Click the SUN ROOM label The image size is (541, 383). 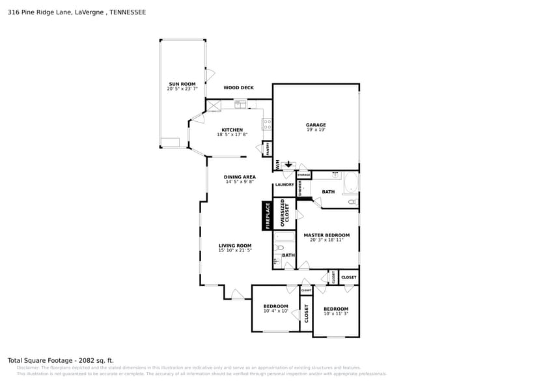pos(182,84)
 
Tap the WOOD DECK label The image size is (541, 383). pos(238,88)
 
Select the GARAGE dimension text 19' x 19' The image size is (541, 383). pos(316,130)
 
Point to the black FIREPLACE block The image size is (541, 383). pos(267,216)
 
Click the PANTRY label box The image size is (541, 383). pos(267,149)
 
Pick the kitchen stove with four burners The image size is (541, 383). pos(267,124)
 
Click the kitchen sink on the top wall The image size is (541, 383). pos(241,102)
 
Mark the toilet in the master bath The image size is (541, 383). pos(352,203)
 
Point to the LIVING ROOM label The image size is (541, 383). pos(234,246)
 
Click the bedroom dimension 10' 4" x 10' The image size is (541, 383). pos(275,311)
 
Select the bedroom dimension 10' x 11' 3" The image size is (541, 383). pos(336,314)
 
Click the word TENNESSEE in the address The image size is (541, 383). pos(128,12)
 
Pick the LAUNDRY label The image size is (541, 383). pos(284,185)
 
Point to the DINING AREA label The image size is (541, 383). pos(240,177)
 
